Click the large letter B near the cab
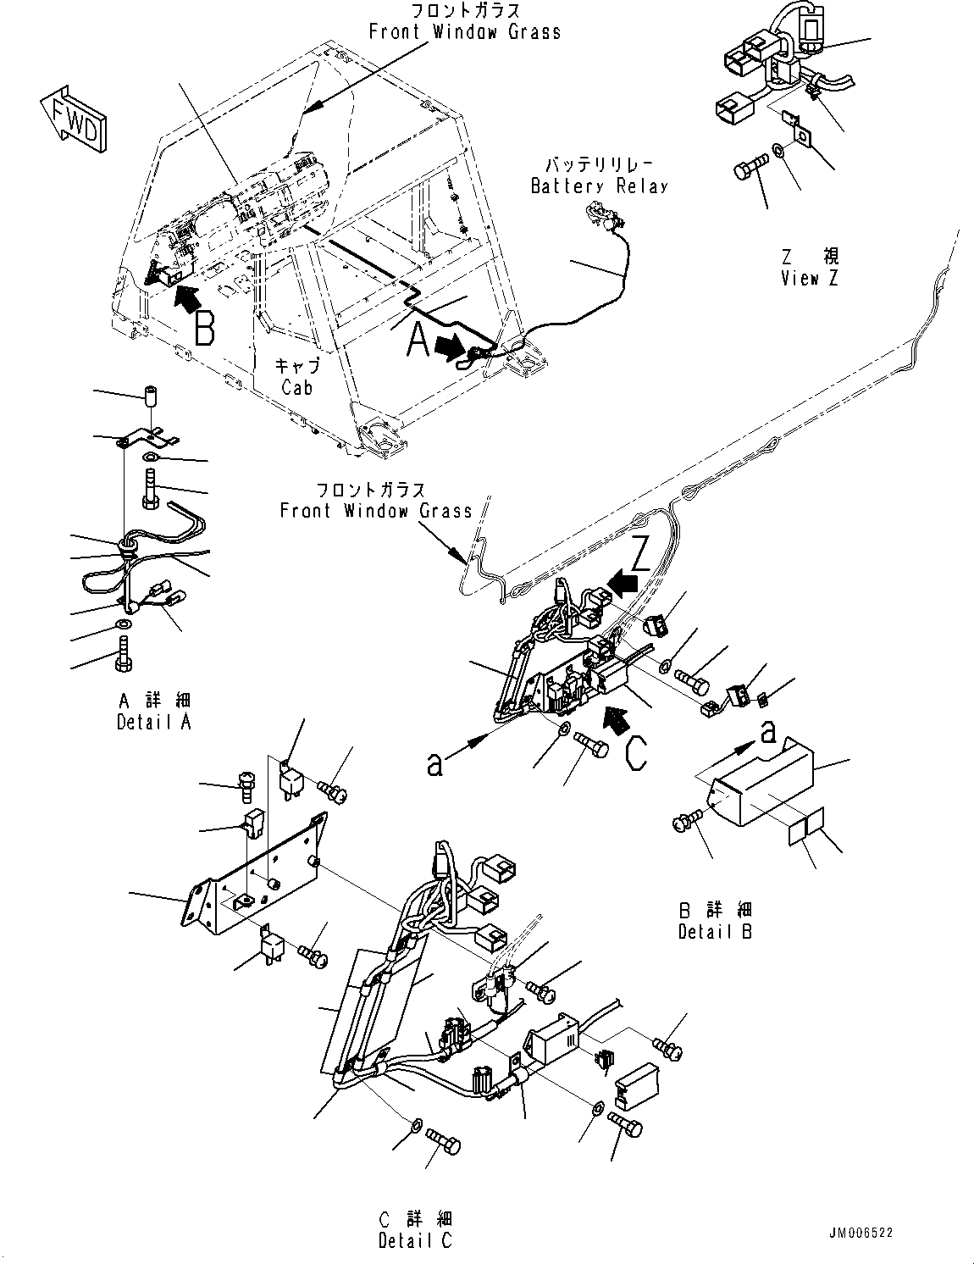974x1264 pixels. [x=203, y=329]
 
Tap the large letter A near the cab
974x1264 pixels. [x=418, y=342]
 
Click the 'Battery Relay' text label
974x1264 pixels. [x=599, y=186]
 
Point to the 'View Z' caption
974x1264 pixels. [x=809, y=278]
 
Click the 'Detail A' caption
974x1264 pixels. [x=154, y=722]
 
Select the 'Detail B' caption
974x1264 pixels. [x=716, y=931]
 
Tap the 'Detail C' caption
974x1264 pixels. [x=415, y=1240]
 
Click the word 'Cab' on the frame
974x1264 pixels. [x=297, y=387]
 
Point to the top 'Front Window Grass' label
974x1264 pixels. [x=464, y=32]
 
